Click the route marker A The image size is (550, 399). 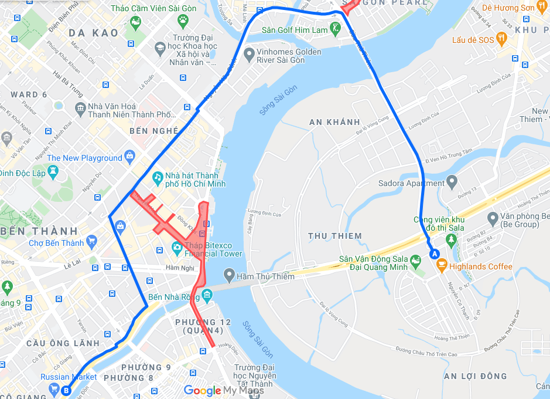coord(435,254)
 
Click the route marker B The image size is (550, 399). coord(66,390)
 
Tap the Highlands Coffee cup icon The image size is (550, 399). coord(442,266)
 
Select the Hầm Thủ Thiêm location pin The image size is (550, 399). coord(228,274)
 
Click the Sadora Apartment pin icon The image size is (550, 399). coord(452,182)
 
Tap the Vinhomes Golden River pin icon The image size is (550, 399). coord(248,53)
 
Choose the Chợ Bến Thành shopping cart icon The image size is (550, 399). coord(91,241)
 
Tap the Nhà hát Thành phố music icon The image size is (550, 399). coord(157,176)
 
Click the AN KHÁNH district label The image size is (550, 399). coord(334,122)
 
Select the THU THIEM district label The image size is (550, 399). coord(335,236)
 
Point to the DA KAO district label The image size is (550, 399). coord(93,33)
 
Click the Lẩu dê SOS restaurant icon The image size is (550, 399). coord(501,39)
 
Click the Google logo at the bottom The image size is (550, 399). coord(203,391)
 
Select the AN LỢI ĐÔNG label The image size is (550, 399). coord(475,376)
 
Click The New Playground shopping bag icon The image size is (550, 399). coord(129,157)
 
